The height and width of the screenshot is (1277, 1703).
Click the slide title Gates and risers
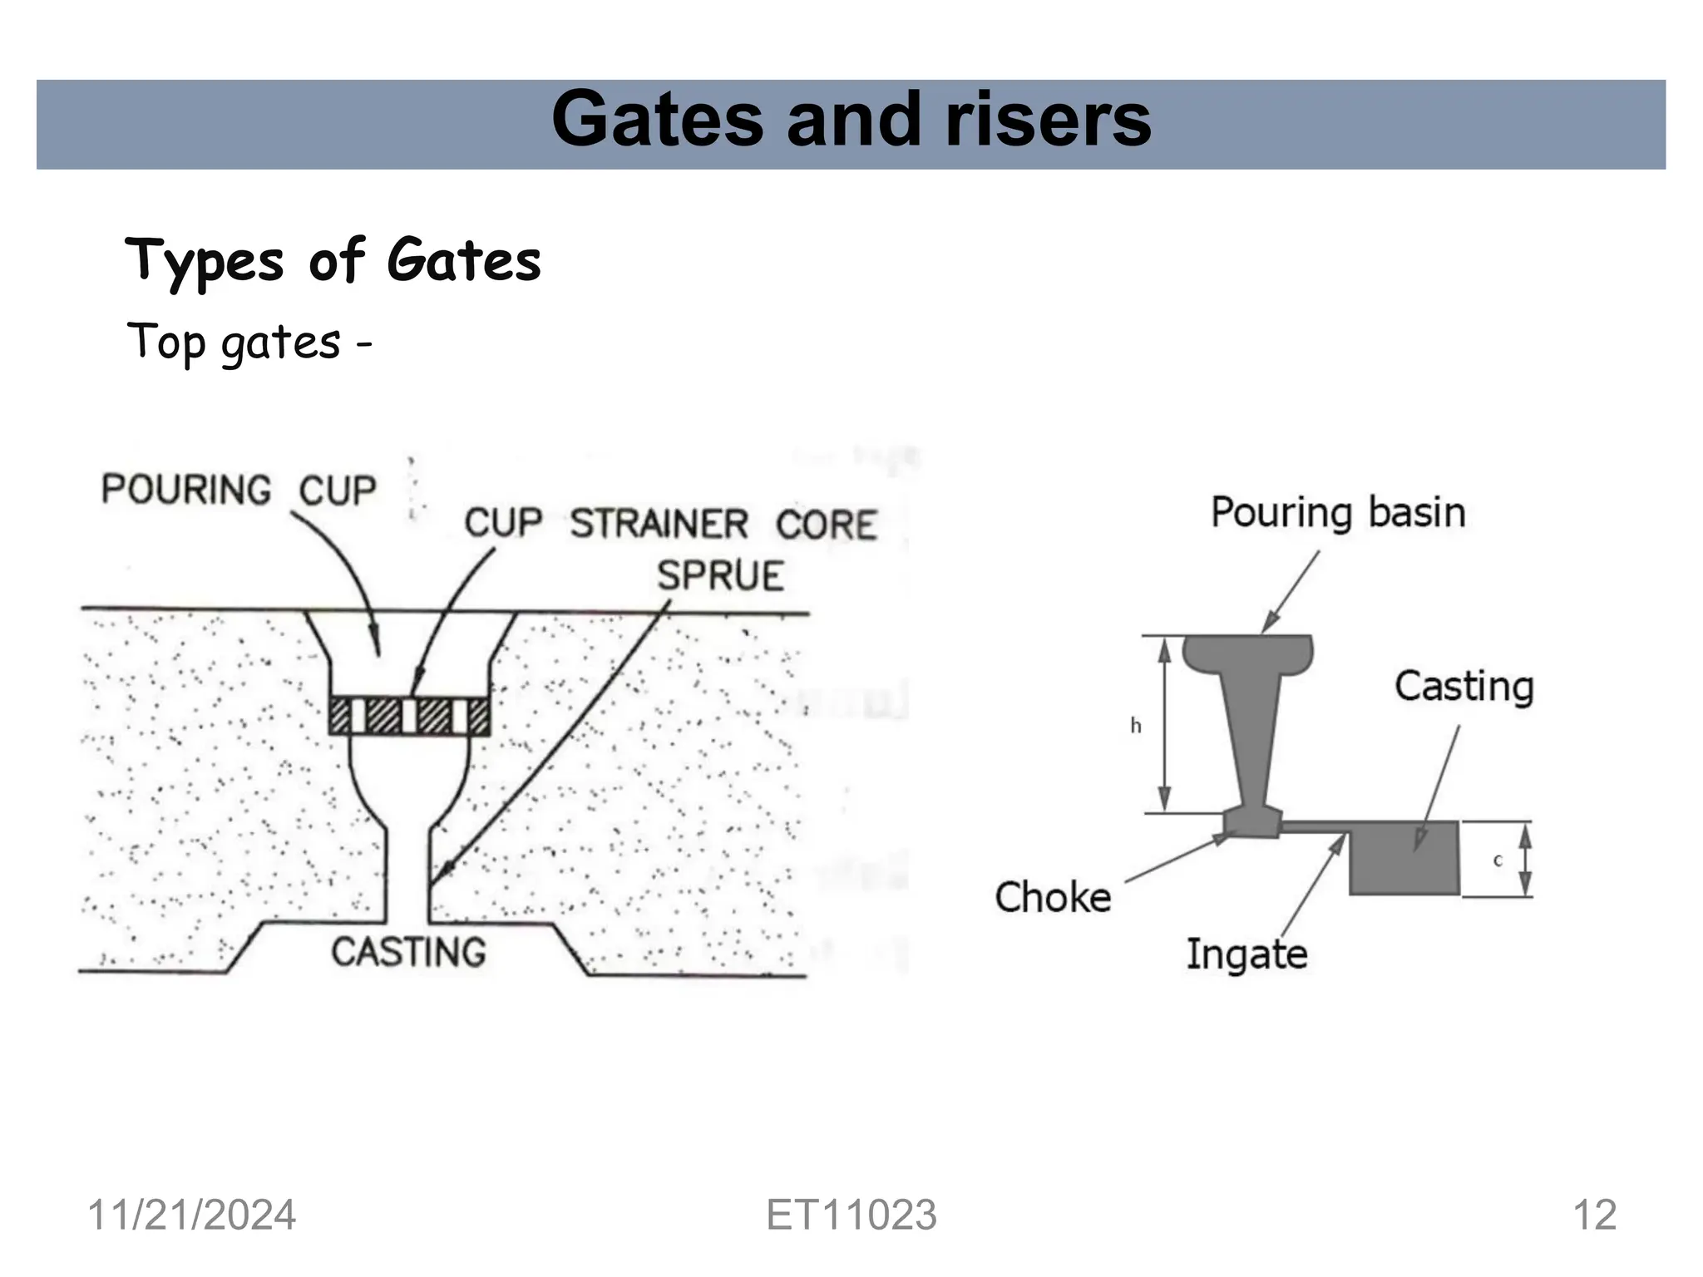(851, 121)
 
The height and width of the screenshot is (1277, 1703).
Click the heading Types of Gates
(333, 259)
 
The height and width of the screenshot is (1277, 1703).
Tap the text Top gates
(234, 343)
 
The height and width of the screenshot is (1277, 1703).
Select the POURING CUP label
(239, 489)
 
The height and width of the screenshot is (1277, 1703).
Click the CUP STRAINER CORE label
(670, 524)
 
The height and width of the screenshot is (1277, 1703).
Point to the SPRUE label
(720, 576)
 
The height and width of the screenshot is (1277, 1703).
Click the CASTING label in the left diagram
(408, 952)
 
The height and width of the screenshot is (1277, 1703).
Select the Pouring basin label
(1337, 512)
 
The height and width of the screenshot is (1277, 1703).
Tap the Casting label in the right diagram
(1464, 687)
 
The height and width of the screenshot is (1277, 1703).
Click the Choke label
(1053, 898)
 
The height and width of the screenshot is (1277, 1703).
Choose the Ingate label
(1246, 954)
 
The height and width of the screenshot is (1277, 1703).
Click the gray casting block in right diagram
(1404, 858)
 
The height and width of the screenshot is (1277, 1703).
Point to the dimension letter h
(1135, 727)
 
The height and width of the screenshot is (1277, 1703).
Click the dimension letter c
(1498, 860)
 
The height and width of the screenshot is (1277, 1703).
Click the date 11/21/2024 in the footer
(191, 1215)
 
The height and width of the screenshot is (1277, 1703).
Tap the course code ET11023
(851, 1215)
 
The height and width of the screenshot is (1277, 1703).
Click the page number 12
(1594, 1215)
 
